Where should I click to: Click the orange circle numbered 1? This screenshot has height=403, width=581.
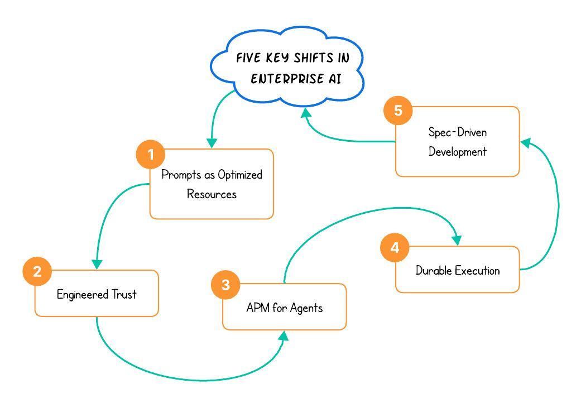151,154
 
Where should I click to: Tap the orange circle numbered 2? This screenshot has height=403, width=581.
37,271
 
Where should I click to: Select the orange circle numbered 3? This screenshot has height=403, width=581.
225,285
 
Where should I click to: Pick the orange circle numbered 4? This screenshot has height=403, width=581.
395,247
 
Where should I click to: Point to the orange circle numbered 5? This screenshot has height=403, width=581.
398,111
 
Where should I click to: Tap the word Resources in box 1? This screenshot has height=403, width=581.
212,194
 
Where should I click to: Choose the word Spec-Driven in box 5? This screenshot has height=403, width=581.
457,132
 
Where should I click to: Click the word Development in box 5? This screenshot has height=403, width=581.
457,152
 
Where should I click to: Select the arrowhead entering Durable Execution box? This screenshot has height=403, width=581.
457,240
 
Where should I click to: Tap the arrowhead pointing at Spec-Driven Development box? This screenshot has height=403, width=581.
526,143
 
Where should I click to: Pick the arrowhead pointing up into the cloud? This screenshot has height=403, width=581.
305,113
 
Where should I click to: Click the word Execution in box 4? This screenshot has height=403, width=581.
477,271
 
